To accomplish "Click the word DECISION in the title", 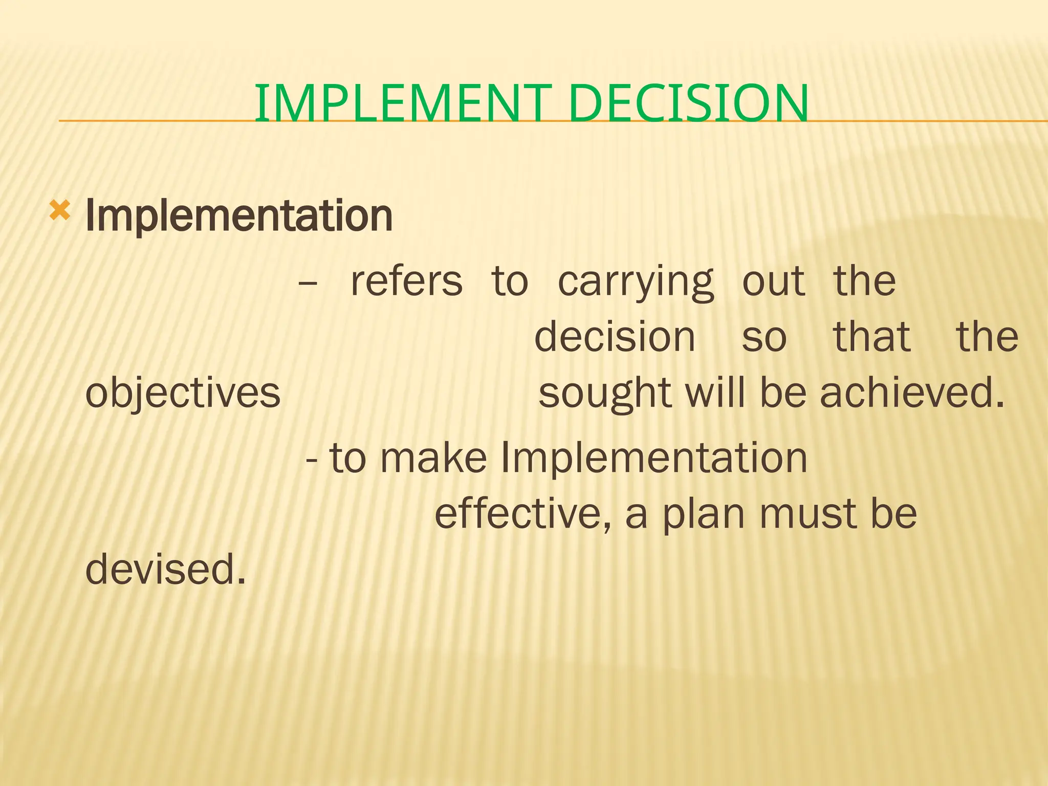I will [688, 104].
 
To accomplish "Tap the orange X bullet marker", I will [59, 210].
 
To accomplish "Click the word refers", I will [406, 281].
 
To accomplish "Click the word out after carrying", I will [773, 281].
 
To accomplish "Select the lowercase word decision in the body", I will [615, 337].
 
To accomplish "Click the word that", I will [871, 337].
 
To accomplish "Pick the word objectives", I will [183, 394].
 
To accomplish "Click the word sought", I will [604, 394].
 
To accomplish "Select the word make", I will [433, 457].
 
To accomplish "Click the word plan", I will [703, 514].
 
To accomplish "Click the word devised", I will [165, 569].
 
